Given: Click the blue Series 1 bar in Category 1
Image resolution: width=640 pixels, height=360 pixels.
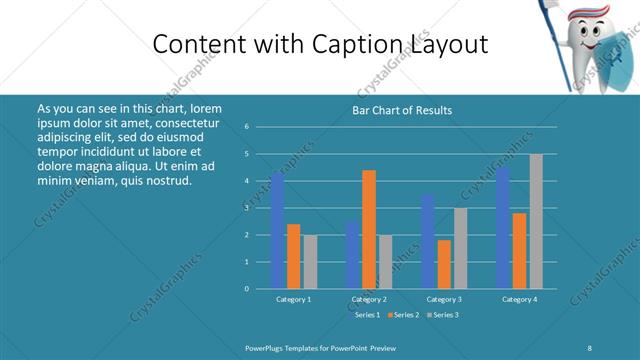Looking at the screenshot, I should click(x=277, y=230).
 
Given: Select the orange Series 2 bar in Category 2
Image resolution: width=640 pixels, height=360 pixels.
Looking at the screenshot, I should click(x=369, y=229).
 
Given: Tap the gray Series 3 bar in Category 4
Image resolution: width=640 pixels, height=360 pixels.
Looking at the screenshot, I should click(x=536, y=221).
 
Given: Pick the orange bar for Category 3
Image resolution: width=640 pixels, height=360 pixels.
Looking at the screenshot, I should click(x=444, y=264).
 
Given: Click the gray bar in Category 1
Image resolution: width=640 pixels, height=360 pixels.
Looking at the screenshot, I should click(x=310, y=261).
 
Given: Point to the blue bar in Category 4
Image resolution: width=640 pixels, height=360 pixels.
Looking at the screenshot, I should click(x=503, y=228).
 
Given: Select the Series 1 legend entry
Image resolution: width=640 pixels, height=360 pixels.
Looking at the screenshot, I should click(x=366, y=315).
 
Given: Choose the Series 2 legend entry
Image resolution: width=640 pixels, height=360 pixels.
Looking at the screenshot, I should click(x=404, y=315).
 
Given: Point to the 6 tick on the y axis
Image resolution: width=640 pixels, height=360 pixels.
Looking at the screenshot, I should click(x=246, y=127).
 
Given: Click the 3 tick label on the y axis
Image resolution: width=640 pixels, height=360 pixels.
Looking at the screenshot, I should click(x=246, y=208).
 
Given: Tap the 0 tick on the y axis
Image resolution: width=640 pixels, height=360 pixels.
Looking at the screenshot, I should click(x=246, y=289).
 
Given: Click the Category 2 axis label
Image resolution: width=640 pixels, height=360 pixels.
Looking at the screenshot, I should click(x=369, y=299).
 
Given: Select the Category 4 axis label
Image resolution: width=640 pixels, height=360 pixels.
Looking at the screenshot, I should click(x=519, y=299).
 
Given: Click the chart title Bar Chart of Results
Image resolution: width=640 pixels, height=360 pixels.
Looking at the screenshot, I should click(x=403, y=110).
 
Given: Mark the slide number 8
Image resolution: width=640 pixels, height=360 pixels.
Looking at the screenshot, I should click(x=589, y=347).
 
